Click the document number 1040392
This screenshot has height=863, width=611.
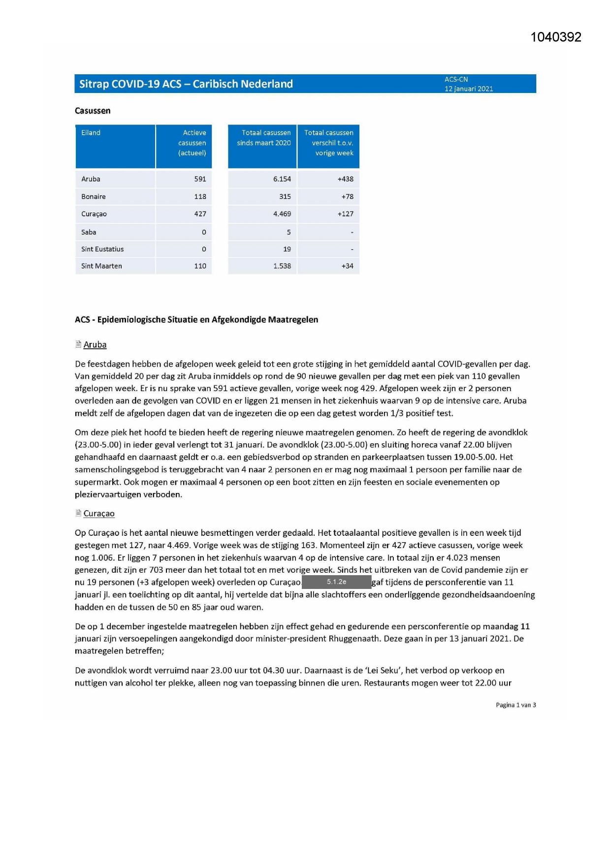[556, 37]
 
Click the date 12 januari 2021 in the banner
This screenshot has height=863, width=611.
[469, 89]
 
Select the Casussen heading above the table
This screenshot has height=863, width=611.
[93, 111]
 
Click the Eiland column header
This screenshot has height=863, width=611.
[91, 133]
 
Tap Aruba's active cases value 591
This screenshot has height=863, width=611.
[200, 179]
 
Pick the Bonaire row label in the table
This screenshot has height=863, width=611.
[94, 196]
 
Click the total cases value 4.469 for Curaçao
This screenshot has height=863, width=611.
[282, 214]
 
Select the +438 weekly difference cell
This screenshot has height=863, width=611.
[345, 179]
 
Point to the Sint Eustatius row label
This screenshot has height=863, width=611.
[102, 249]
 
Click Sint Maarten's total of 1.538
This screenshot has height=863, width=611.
[282, 266]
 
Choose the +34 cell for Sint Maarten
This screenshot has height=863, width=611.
[347, 266]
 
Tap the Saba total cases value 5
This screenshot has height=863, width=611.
[289, 232]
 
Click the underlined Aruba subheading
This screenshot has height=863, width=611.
[95, 345]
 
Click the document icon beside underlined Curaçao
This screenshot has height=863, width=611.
[78, 513]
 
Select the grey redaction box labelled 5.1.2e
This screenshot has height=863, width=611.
[336, 582]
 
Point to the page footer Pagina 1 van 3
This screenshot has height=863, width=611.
[515, 705]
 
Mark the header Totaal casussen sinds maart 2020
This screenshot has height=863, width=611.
[264, 138]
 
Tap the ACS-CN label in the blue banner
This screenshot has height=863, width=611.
[456, 79]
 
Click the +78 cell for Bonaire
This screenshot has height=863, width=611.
[347, 196]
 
